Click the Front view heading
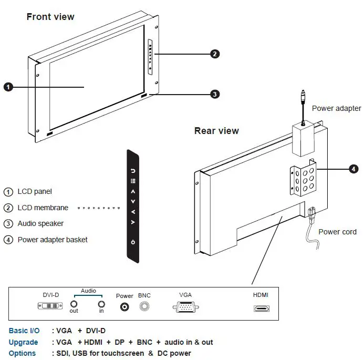pyautogui.click(x=50, y=17)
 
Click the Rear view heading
pyautogui.click(x=216, y=131)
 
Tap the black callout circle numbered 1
pyautogui.click(x=8, y=87)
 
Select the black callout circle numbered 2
pyautogui.click(x=214, y=54)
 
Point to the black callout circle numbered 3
pyautogui.click(x=214, y=95)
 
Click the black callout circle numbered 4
pyautogui.click(x=353, y=169)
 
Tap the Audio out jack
pyautogui.click(x=74, y=304)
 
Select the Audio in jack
pyautogui.click(x=101, y=304)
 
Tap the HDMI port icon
pyautogui.click(x=261, y=307)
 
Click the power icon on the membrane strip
pyautogui.click(x=133, y=242)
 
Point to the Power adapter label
pyautogui.click(x=336, y=108)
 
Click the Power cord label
pyautogui.click(x=337, y=232)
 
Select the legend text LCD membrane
pyautogui.click(x=44, y=208)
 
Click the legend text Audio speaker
pyautogui.click(x=40, y=223)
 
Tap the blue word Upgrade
pyautogui.click(x=23, y=342)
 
